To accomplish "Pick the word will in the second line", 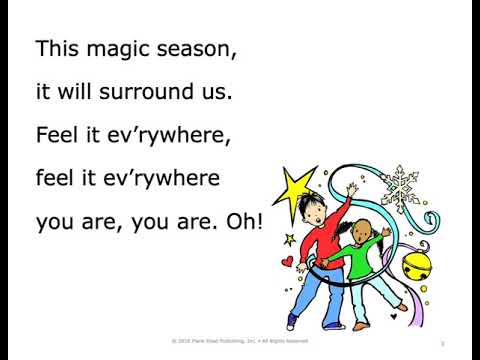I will pos(85,92).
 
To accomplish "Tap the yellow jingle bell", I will pos(416,268).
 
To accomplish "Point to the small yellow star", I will pos(290,239).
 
